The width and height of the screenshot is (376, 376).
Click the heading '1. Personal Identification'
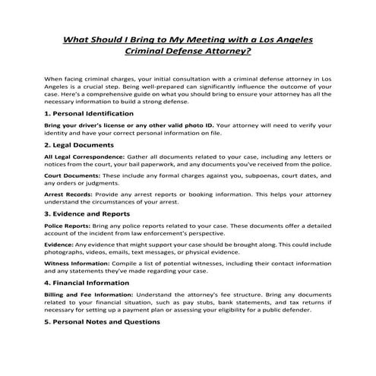point(90,112)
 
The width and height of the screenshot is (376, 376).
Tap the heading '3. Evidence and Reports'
point(87,215)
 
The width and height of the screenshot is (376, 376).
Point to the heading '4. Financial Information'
point(88,283)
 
